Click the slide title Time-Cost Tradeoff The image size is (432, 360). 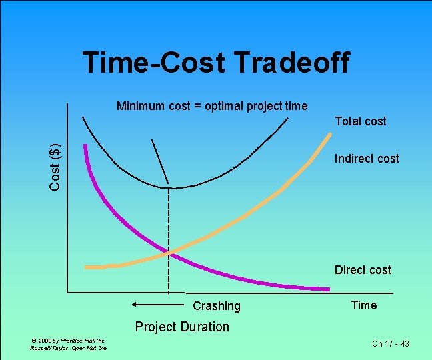[x=215, y=63]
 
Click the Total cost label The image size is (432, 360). [x=361, y=121]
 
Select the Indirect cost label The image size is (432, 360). [x=366, y=159]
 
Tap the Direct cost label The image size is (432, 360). [x=363, y=270]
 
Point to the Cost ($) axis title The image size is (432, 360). [x=57, y=166]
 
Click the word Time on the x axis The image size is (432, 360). [x=363, y=305]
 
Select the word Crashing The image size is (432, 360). [x=216, y=306]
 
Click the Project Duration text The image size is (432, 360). [x=182, y=327]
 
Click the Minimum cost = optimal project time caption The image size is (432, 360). [x=212, y=105]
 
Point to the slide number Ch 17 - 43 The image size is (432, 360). [x=390, y=343]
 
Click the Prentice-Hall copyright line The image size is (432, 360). [x=67, y=340]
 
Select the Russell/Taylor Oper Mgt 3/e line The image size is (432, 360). [x=68, y=348]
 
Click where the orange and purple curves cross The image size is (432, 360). [x=169, y=252]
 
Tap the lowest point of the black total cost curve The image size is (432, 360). [x=169, y=187]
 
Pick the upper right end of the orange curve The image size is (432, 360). [x=329, y=135]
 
